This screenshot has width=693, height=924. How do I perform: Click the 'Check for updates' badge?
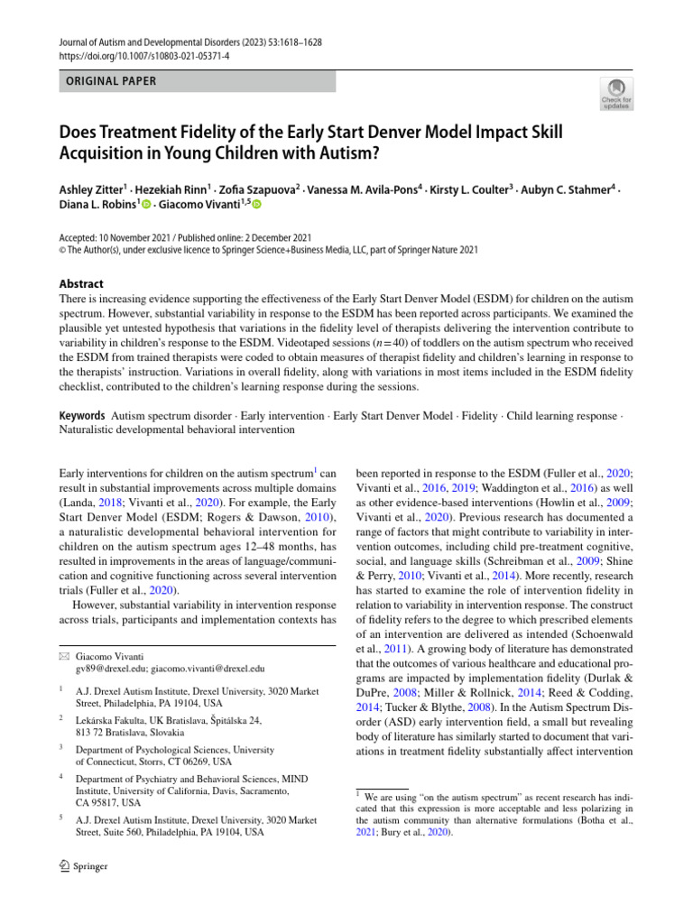pos(615,94)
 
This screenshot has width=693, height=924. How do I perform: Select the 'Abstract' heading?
pos(81,283)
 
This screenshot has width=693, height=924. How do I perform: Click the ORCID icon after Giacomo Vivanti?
pos(256,206)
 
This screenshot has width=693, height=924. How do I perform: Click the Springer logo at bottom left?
pos(83,867)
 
